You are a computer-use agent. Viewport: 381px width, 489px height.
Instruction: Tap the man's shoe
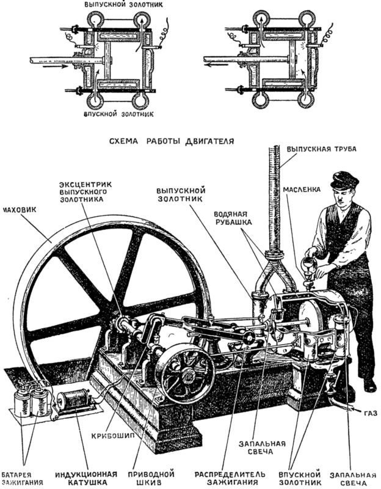369,386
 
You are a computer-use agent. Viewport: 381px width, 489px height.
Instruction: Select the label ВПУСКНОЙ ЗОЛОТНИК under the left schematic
118,114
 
